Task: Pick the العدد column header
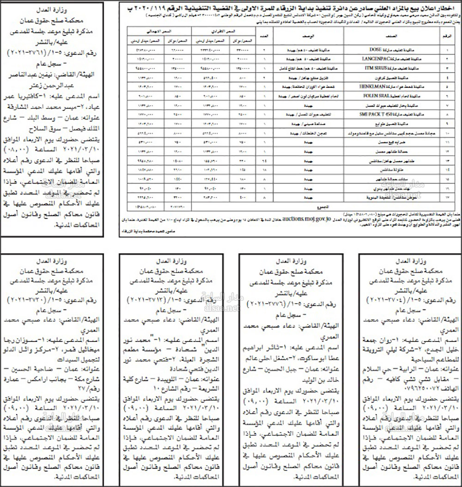264,35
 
